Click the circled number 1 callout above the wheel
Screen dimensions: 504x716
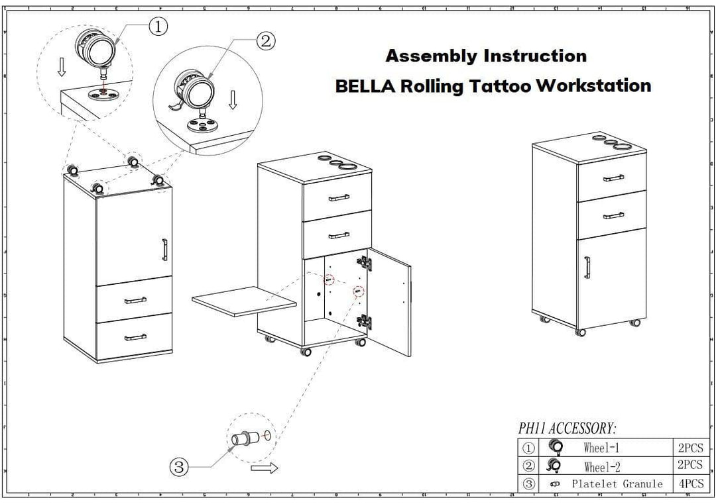coord(158,26)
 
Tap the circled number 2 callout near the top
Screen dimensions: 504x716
coord(265,41)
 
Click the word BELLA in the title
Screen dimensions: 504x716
coord(363,85)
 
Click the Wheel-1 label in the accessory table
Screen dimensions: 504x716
coord(601,448)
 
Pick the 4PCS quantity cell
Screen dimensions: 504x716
coord(690,484)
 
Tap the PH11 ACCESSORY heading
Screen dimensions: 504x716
coord(567,429)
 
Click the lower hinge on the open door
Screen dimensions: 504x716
coord(364,321)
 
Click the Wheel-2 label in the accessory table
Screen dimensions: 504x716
coord(602,466)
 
